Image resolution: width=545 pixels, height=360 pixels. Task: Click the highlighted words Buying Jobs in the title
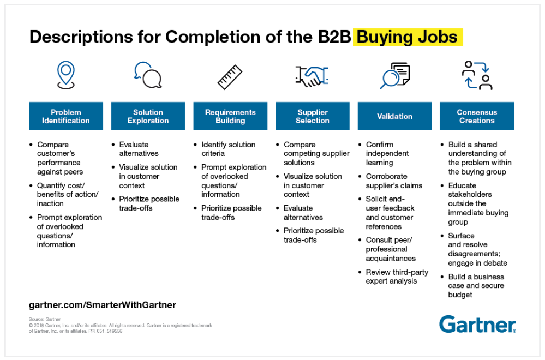tap(407, 37)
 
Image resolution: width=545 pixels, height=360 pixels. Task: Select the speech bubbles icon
tap(148, 75)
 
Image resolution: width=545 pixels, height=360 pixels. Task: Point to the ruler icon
tap(230, 77)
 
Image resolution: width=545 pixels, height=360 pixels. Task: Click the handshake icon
tap(312, 76)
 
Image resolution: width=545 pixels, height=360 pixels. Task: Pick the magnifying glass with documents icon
tap(395, 75)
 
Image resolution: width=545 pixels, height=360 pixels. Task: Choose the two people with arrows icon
tap(477, 75)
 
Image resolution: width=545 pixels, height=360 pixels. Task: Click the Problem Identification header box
tap(65, 116)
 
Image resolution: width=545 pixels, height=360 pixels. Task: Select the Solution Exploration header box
tap(148, 116)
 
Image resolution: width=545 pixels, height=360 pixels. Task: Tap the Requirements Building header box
tap(230, 116)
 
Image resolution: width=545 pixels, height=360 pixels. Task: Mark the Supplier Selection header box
tap(313, 116)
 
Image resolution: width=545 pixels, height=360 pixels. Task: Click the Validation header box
tap(395, 116)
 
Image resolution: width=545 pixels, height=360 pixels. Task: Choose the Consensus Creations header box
tap(477, 116)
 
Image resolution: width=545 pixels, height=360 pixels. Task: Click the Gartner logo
tap(477, 324)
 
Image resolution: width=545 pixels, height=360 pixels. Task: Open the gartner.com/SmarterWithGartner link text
tap(103, 305)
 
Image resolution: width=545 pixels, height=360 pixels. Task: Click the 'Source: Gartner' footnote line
tap(45, 319)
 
